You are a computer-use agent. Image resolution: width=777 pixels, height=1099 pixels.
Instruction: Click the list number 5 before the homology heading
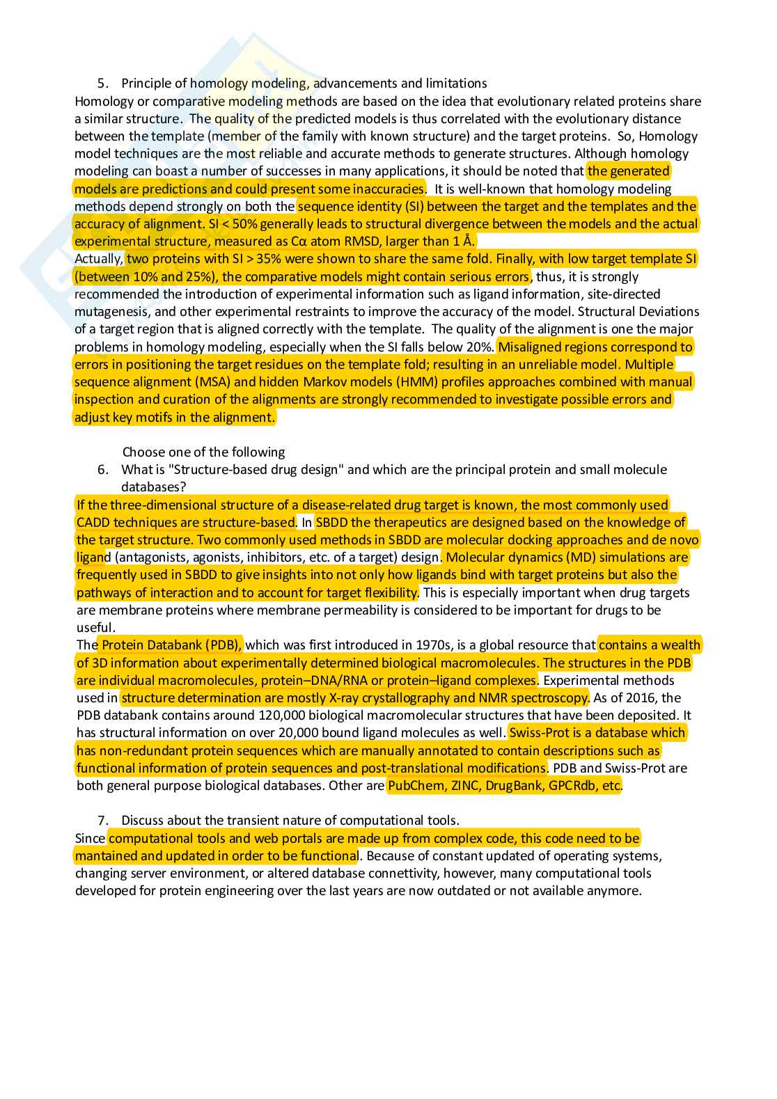[102, 84]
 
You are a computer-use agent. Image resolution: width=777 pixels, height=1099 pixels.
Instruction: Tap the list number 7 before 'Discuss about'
[102, 821]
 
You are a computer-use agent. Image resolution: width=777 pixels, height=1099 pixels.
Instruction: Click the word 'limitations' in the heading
[455, 84]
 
